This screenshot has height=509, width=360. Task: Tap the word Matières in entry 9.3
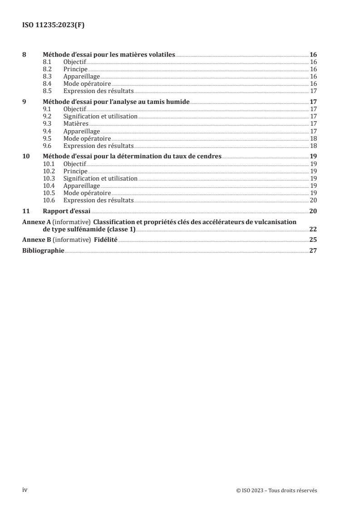pyautogui.click(x=76, y=123)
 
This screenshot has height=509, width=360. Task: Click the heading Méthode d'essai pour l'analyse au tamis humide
pyautogui.click(x=116, y=102)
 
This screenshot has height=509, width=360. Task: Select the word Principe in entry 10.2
pyautogui.click(x=75, y=171)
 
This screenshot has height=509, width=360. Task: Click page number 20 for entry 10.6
pyautogui.click(x=313, y=200)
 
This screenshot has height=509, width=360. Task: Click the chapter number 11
pyautogui.click(x=26, y=211)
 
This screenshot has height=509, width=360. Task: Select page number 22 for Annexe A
pyautogui.click(x=313, y=229)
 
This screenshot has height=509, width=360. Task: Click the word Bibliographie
pyautogui.click(x=43, y=250)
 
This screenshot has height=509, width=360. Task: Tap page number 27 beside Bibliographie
pyautogui.click(x=313, y=250)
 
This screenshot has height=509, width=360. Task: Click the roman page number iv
pyautogui.click(x=25, y=489)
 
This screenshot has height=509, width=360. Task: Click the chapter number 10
pyautogui.click(x=26, y=156)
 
